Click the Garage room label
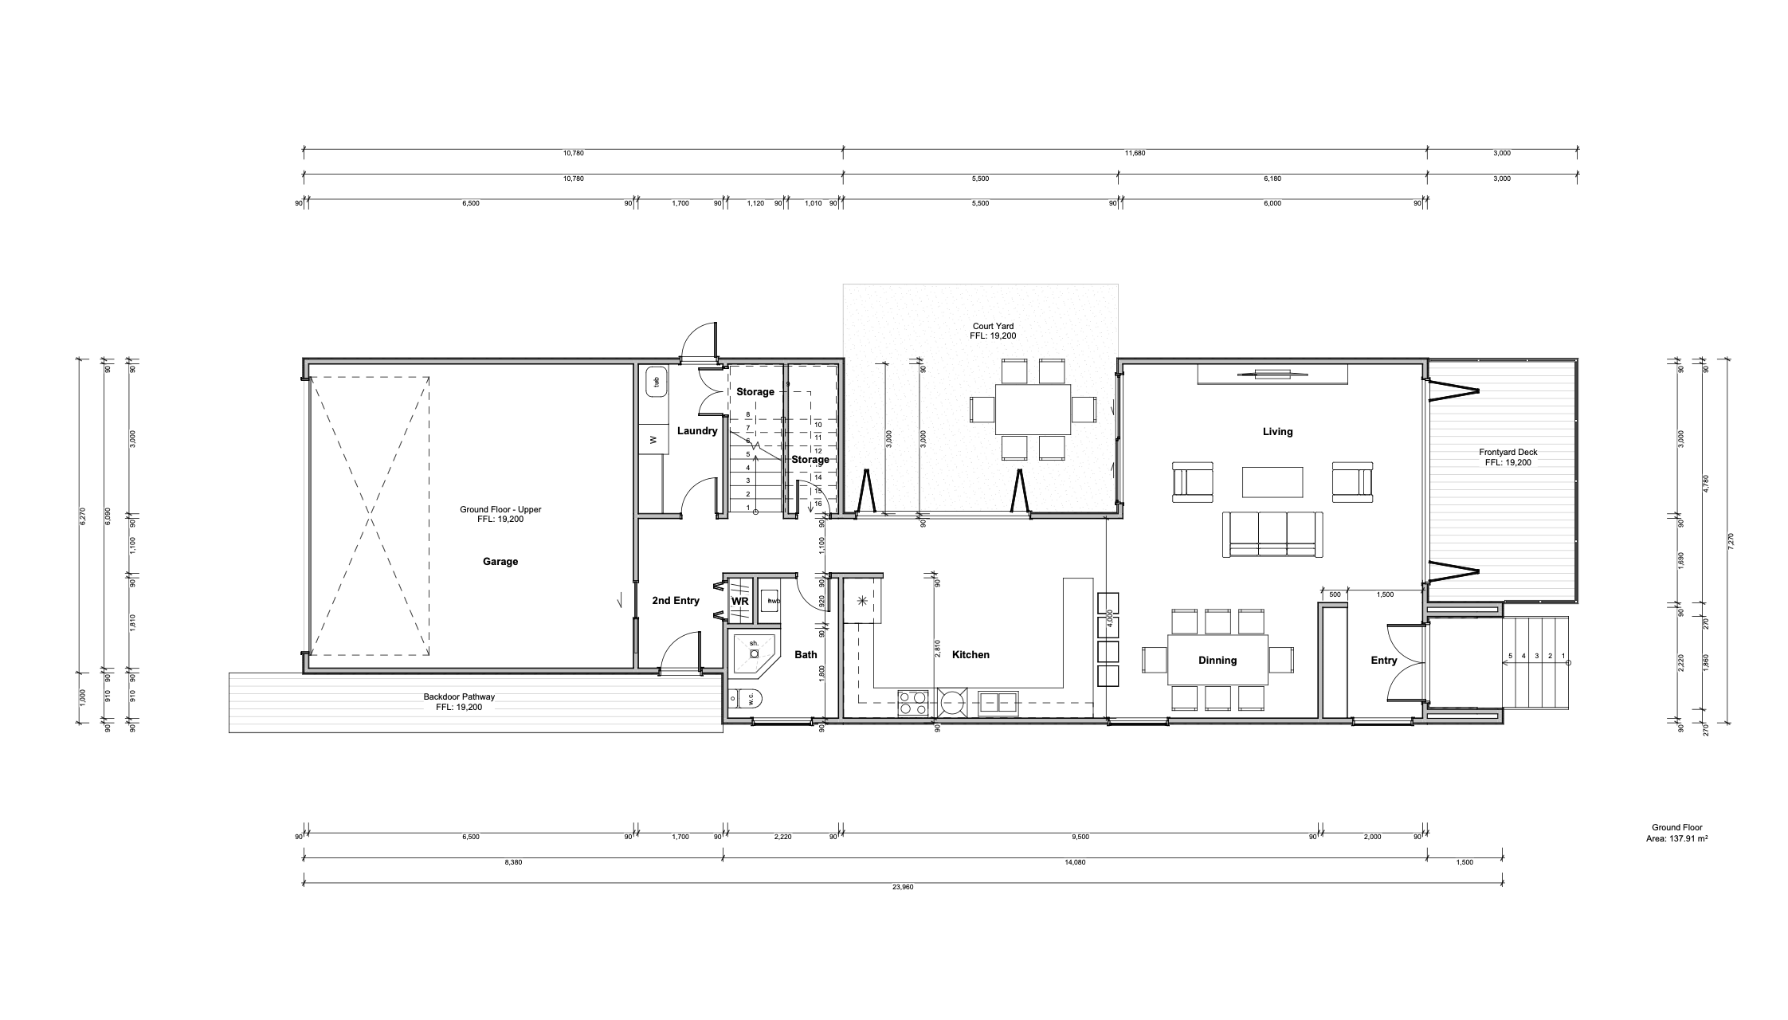[500, 562]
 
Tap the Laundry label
[697, 431]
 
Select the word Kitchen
[970, 655]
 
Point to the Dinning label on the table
[1217, 660]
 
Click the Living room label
[1277, 432]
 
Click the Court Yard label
[993, 326]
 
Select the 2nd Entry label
[675, 601]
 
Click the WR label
[739, 601]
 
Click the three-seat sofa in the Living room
[1272, 533]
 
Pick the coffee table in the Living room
[1272, 482]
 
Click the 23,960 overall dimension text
[903, 887]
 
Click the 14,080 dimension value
[1073, 862]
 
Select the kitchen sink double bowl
[998, 702]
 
